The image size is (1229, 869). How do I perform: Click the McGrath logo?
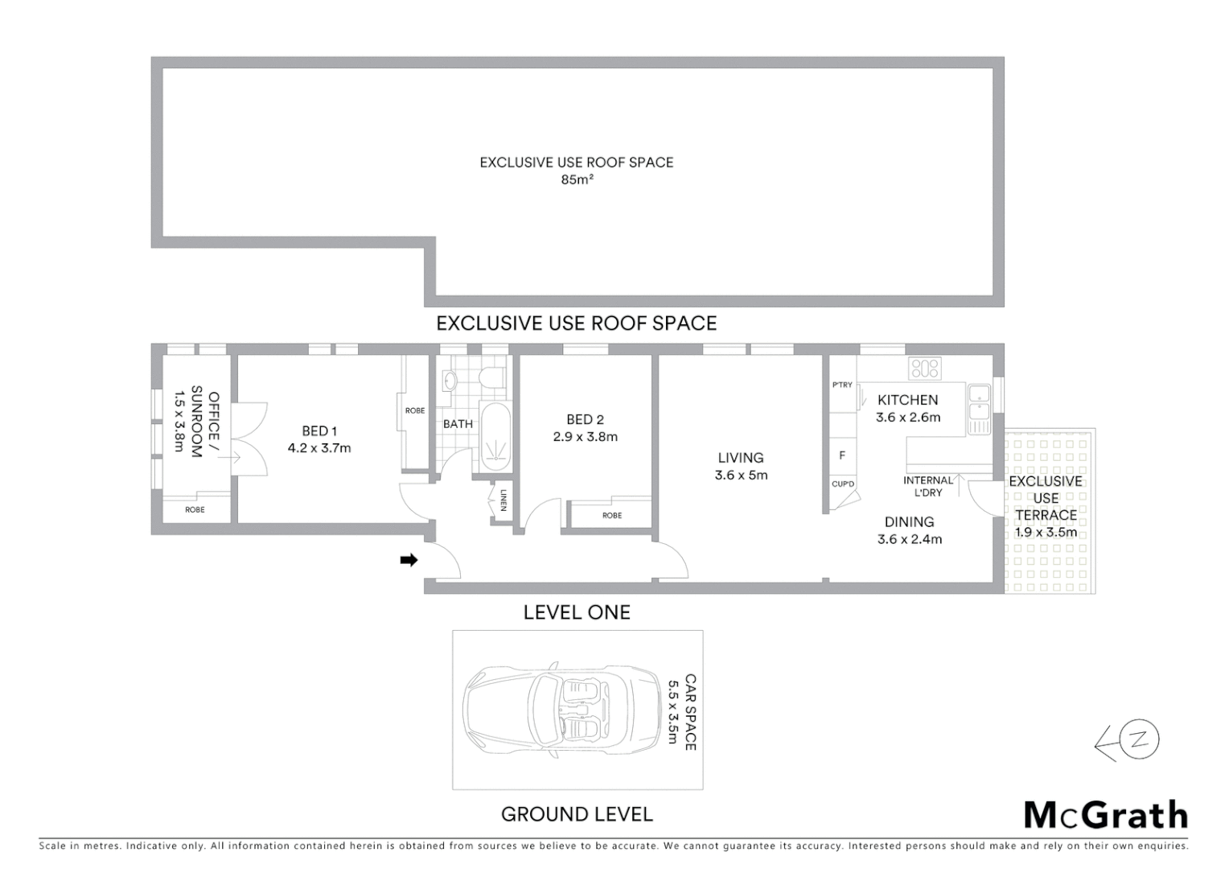tap(1106, 815)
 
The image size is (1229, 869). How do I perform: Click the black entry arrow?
tap(409, 560)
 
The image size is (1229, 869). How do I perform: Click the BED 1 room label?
tap(319, 431)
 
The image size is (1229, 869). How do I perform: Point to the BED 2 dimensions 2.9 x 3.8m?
tap(585, 437)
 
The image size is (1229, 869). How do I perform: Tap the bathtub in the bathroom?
tap(495, 437)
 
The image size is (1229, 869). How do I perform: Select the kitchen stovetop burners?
tap(924, 369)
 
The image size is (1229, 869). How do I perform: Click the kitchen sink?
tap(979, 403)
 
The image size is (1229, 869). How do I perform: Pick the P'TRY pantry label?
tap(842, 385)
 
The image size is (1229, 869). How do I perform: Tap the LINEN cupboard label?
tap(504, 500)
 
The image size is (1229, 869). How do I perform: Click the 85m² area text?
tap(577, 180)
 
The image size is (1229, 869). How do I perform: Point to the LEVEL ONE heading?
tap(577, 612)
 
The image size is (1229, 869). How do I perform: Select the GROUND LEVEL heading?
tap(577, 814)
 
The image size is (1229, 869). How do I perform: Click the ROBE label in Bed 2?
tap(612, 516)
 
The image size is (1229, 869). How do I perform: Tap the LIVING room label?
tap(741, 458)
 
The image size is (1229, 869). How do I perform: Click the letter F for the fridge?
tap(842, 455)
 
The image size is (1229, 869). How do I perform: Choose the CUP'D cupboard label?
tap(843, 484)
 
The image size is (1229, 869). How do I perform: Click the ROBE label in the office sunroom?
tap(195, 510)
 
